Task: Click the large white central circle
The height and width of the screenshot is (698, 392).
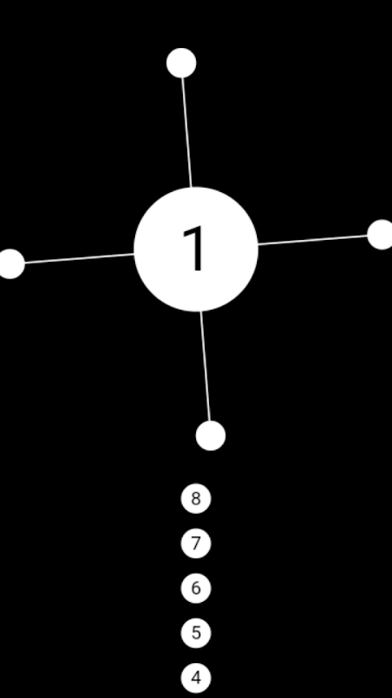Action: coord(196,250)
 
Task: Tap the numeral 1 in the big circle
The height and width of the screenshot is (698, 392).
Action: coord(194,248)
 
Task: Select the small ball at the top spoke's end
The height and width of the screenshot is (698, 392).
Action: coord(181,63)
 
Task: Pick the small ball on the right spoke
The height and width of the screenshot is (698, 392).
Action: coord(382,235)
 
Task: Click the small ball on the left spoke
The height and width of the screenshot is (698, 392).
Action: coord(10,264)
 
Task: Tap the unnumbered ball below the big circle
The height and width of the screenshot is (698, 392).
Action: coord(211,435)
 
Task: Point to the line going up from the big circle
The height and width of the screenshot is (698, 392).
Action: coord(186,133)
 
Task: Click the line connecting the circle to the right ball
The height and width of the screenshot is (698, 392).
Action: coord(313,240)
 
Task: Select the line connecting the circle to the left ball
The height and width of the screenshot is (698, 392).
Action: coord(79,258)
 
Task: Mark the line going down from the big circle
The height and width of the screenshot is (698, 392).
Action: coord(206,366)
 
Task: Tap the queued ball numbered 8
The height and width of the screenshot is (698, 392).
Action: coord(196,498)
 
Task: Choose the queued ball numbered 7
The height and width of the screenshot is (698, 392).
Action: coord(196,543)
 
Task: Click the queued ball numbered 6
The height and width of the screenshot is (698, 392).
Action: coord(196,588)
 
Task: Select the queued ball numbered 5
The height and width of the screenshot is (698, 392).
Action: coord(196,633)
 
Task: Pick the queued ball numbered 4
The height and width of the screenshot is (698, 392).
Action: coord(196,678)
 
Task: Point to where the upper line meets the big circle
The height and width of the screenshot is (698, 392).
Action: coord(192,188)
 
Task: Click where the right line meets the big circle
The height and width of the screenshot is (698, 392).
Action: coord(258,244)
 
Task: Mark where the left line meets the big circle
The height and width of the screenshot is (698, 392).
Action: coord(134,254)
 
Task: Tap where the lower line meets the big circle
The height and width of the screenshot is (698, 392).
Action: coord(201,311)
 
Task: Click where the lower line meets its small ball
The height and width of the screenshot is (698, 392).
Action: coord(209,421)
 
